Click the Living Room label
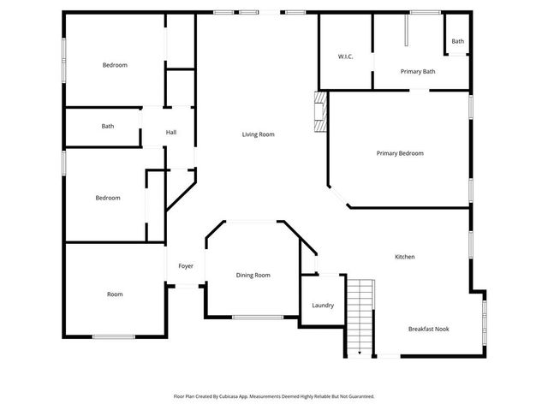258,134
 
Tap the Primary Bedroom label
400,153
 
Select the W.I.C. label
345,56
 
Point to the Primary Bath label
418,72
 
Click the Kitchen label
405,257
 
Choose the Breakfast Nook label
428,329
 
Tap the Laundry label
323,306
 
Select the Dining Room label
253,275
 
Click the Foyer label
186,266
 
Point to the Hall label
171,133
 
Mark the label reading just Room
115,294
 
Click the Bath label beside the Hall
108,127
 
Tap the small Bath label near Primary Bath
458,41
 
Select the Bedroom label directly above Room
108,198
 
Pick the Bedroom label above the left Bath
115,65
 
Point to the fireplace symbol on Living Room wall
320,112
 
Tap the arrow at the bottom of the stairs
360,351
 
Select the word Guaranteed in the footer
356,397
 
